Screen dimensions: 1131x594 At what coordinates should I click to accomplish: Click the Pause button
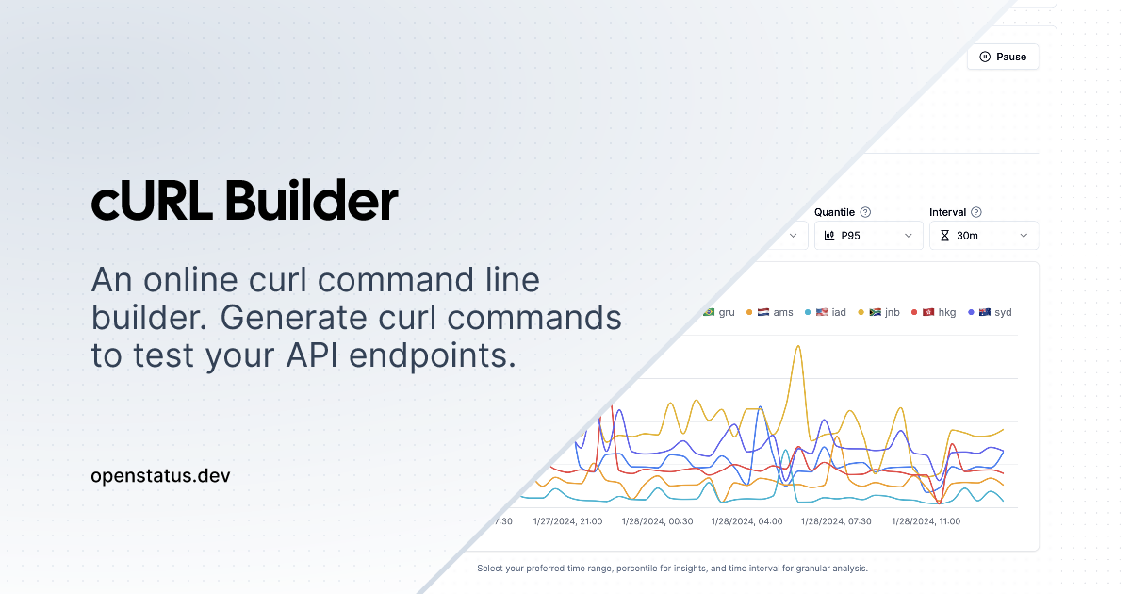click(x=1003, y=57)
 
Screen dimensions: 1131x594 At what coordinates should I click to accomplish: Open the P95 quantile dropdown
click(x=868, y=236)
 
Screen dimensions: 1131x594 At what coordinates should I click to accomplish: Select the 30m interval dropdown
click(x=984, y=236)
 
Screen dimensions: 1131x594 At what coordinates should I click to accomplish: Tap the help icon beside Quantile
click(x=865, y=212)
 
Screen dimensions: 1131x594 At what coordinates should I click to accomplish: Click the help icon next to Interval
click(x=976, y=212)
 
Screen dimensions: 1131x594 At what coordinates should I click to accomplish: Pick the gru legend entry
click(x=718, y=312)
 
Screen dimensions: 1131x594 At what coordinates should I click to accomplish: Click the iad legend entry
click(x=825, y=312)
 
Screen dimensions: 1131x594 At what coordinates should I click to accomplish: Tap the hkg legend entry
click(x=934, y=312)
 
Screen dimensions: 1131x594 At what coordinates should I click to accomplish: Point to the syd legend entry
click(x=990, y=312)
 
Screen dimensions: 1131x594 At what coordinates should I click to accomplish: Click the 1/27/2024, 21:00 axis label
click(x=567, y=521)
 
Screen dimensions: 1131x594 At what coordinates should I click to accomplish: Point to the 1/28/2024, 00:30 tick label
click(x=657, y=521)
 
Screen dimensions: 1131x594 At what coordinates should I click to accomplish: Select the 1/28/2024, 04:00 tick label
click(x=746, y=521)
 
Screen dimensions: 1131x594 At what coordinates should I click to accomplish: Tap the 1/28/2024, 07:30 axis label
click(x=836, y=521)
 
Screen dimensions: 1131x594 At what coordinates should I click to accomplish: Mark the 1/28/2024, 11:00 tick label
click(x=926, y=521)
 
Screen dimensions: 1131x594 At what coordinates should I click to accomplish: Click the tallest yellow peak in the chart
click(x=798, y=346)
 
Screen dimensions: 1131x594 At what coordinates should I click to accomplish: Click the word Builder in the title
click(x=311, y=201)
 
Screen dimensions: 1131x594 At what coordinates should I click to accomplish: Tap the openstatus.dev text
click(x=160, y=476)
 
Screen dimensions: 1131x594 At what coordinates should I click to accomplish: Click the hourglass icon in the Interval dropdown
click(x=944, y=236)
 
